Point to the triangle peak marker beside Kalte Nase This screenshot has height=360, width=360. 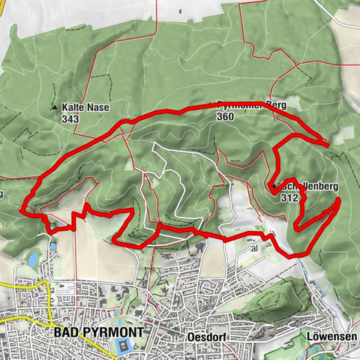tap(54, 108)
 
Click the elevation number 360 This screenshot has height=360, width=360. tap(225, 117)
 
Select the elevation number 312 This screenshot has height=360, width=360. tap(290, 198)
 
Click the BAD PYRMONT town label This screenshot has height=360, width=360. tap(97, 330)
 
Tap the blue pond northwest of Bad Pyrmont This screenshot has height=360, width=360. tap(33, 259)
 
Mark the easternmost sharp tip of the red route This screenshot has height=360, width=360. tap(340, 200)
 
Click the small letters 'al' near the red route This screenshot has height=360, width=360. tap(253, 247)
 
